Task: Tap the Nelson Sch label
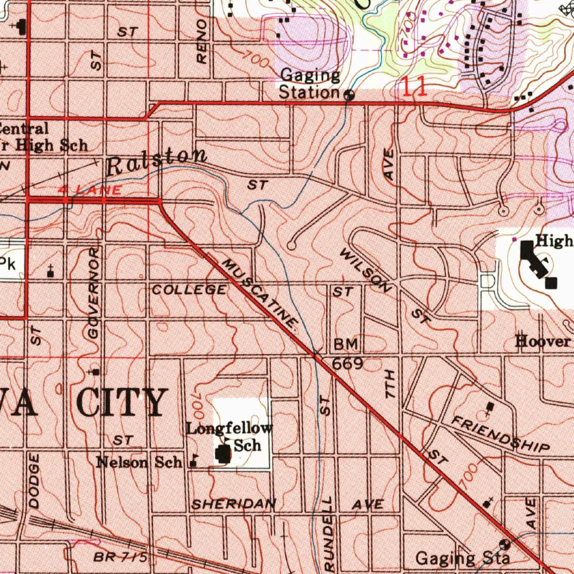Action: point(139,462)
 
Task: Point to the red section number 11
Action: point(415,87)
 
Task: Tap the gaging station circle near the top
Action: point(349,95)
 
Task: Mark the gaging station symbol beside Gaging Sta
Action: point(504,543)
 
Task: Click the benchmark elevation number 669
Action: point(348,364)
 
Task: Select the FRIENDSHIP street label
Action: point(501,434)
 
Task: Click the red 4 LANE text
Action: point(90,191)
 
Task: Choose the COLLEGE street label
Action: point(189,290)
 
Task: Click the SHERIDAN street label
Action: point(234,504)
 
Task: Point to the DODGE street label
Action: point(34,481)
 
